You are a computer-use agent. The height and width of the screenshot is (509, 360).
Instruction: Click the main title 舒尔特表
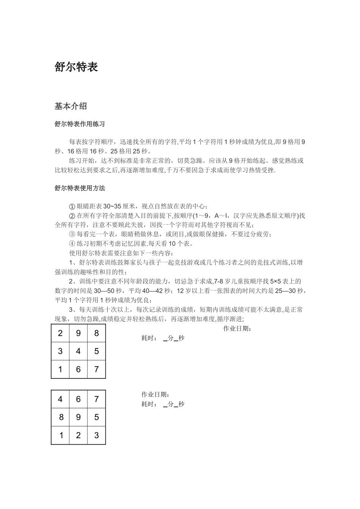(x=76, y=67)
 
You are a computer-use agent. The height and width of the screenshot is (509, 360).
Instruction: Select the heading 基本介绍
(x=71, y=106)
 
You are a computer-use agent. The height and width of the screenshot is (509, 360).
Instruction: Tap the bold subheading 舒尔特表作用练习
(x=80, y=124)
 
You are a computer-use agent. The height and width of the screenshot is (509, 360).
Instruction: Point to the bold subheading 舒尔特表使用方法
(x=80, y=188)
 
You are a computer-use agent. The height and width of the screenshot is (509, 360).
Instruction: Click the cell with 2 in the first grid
(x=60, y=333)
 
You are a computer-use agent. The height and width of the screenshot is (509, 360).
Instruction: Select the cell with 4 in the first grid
(x=78, y=351)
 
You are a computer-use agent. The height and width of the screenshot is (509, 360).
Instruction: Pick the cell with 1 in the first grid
(x=60, y=369)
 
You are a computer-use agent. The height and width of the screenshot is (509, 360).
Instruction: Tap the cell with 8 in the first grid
(x=97, y=333)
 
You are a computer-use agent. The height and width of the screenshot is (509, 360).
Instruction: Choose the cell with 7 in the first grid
(x=97, y=369)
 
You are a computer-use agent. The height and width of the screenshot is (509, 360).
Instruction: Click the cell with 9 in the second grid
(x=78, y=417)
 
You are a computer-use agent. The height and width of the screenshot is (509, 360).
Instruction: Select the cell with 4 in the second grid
(x=60, y=399)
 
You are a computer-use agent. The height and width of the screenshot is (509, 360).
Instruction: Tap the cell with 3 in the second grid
(x=97, y=436)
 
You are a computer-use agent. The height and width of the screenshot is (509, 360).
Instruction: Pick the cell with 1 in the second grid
(x=60, y=436)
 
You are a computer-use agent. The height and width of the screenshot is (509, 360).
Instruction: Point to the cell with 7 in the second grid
(x=97, y=399)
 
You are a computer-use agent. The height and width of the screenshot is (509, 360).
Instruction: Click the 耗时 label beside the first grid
(x=149, y=338)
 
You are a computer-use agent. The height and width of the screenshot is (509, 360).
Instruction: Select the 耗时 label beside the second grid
(x=149, y=404)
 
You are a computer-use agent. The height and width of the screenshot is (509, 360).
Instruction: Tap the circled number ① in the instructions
(x=72, y=206)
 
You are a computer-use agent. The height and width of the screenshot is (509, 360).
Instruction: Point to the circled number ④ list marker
(x=72, y=244)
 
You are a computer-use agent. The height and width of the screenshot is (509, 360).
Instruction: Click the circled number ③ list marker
(x=72, y=234)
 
